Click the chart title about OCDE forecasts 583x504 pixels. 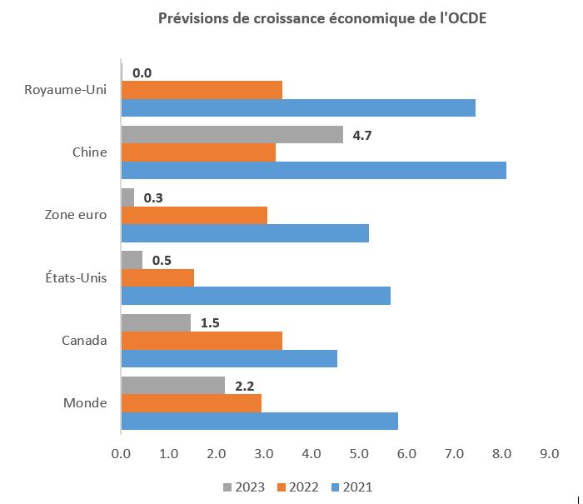[x=322, y=19]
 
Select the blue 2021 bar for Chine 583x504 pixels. [x=313, y=170]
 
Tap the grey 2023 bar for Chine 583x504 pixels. [x=232, y=134]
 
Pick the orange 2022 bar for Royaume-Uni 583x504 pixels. [x=202, y=90]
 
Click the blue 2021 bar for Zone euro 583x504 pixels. [x=245, y=232]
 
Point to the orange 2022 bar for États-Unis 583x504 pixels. [x=157, y=277]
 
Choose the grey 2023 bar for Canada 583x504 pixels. [x=156, y=322]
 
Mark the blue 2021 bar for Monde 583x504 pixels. [x=259, y=421]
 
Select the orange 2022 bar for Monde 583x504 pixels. [x=191, y=403]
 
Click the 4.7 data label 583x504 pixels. [x=361, y=134]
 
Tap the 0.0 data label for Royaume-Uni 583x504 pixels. [x=142, y=72]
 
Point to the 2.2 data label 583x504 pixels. [x=243, y=385]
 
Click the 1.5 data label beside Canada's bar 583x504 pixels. [x=210, y=322]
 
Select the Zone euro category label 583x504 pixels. [x=76, y=215]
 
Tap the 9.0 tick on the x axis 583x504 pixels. [x=548, y=454]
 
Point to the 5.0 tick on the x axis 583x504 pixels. [x=358, y=454]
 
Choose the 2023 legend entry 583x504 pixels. [x=244, y=487]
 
